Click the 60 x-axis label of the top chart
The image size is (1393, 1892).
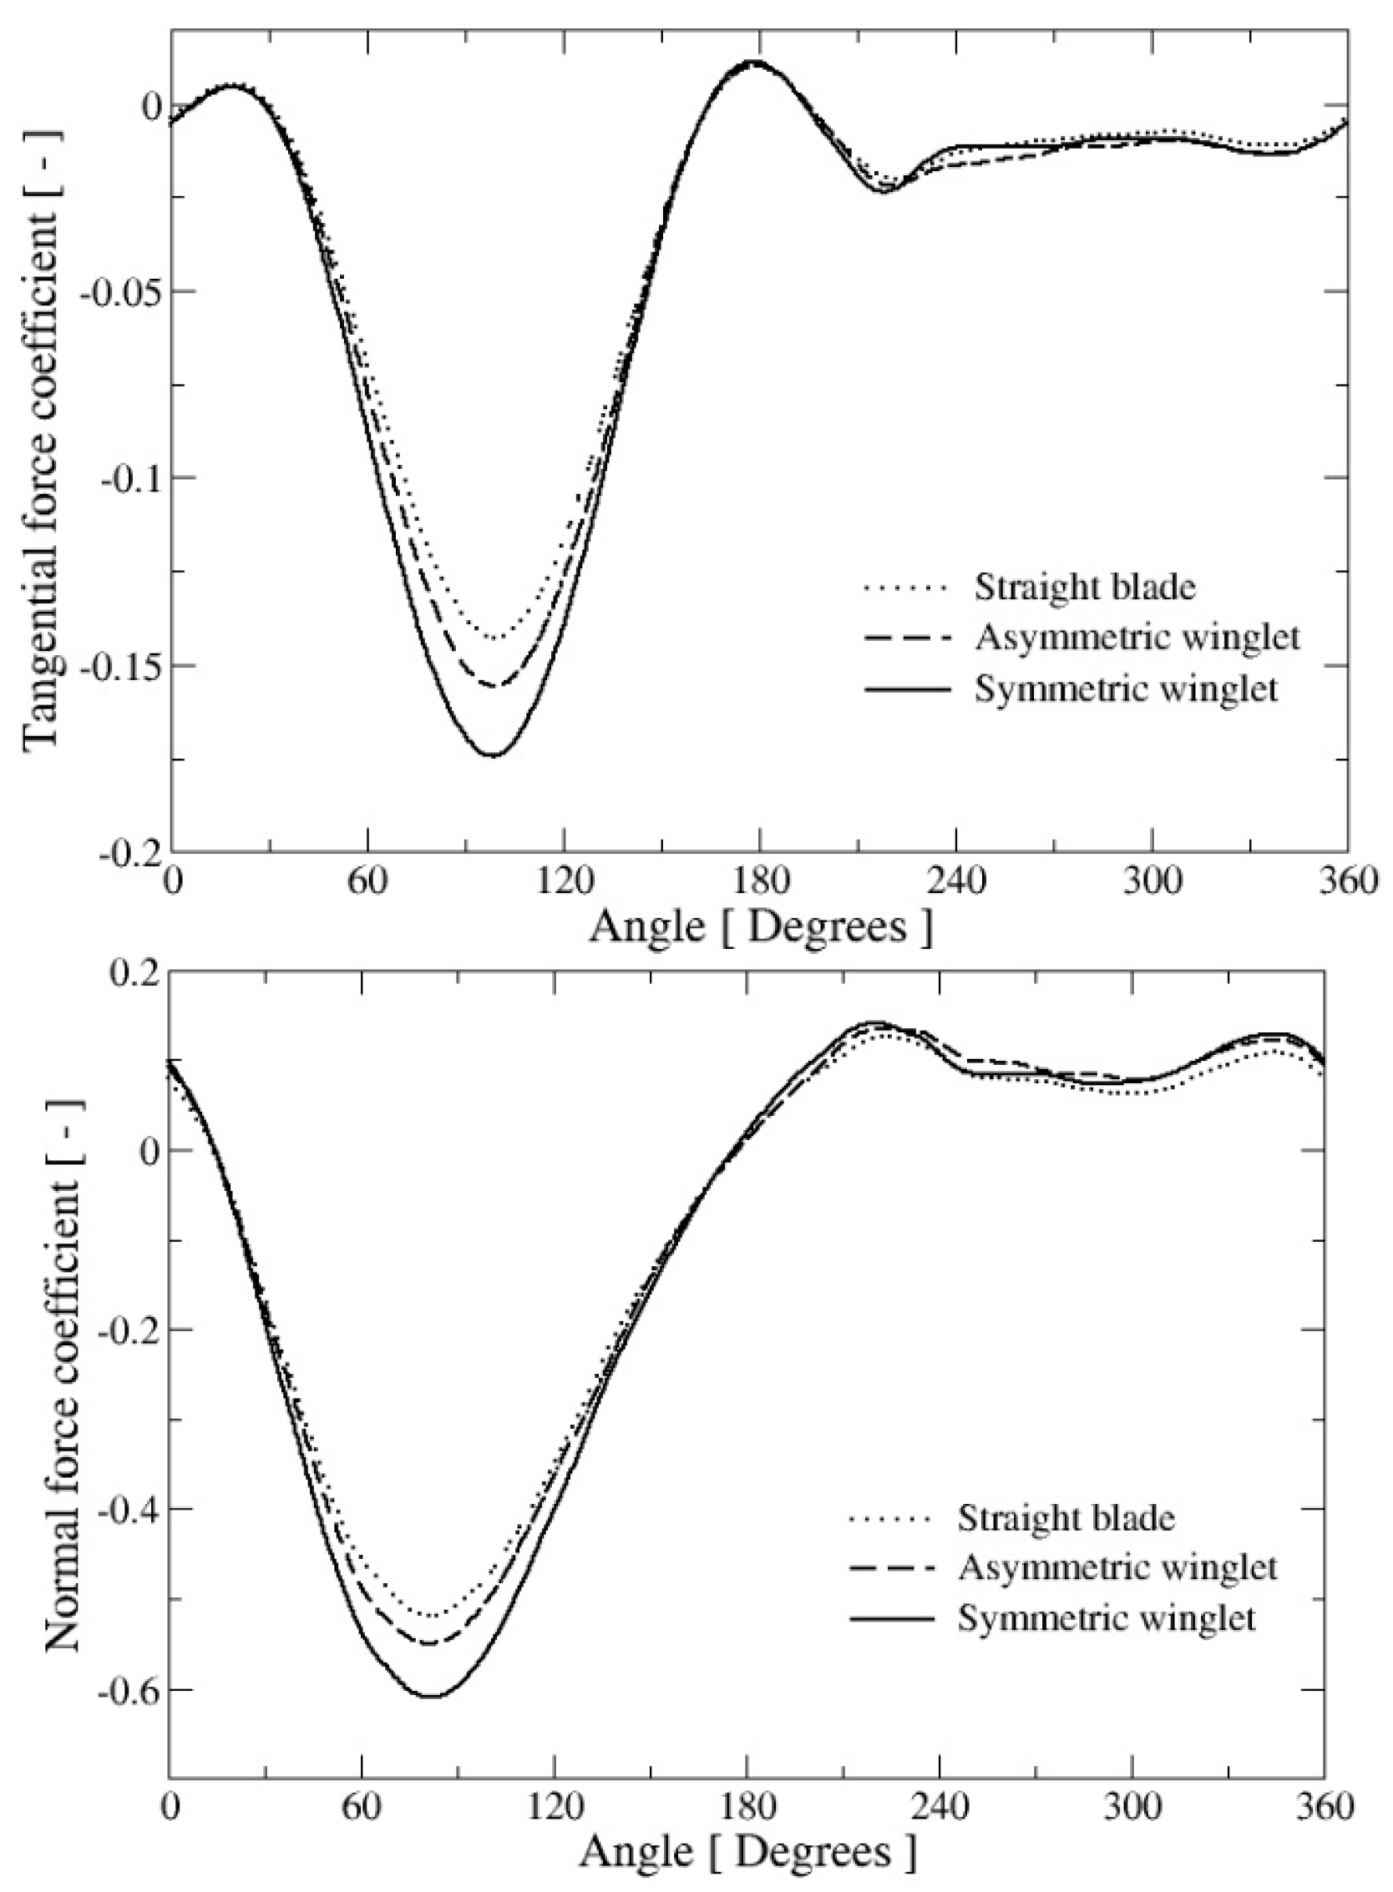(x=367, y=882)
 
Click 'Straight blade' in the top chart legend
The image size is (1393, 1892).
(x=1084, y=587)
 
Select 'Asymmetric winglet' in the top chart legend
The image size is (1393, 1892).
(x=1137, y=638)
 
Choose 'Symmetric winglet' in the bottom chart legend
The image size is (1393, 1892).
(x=1107, y=1618)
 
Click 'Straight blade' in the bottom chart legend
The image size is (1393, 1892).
(x=1066, y=1518)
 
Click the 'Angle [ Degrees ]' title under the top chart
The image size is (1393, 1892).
(x=761, y=927)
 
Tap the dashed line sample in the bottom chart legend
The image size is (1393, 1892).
(x=892, y=1568)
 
